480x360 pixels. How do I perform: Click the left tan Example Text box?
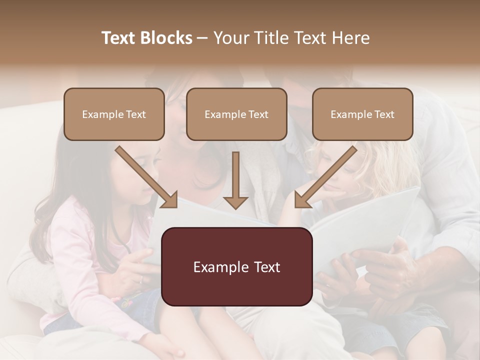pos(114,114)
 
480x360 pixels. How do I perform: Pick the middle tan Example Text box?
pos(236,114)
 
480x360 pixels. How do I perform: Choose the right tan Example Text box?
pos(362,114)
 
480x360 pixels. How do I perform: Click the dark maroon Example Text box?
pos(236,266)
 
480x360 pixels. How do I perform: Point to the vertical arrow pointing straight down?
pos(235,180)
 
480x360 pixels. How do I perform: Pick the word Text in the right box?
pos(384,114)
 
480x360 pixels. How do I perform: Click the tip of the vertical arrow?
pos(235,207)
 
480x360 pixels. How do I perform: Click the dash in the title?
pos(202,38)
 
